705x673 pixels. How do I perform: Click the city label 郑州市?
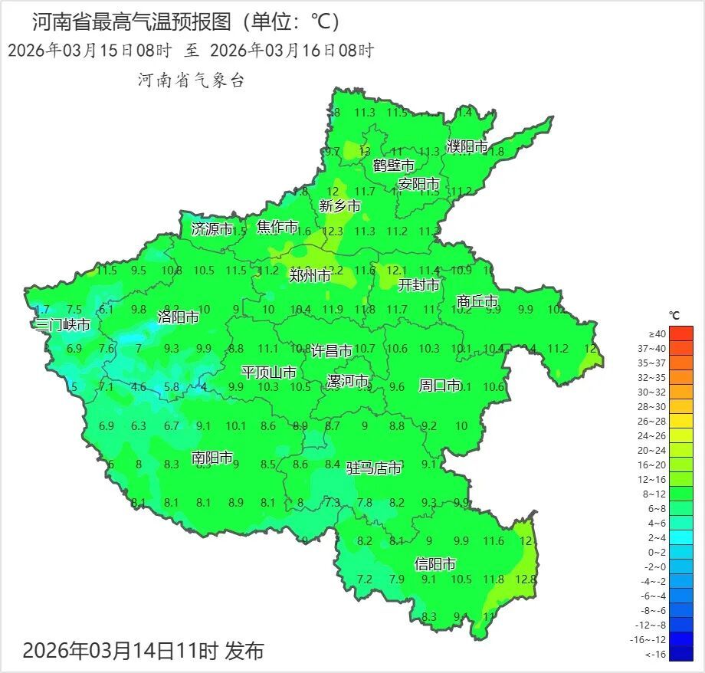tap(310, 275)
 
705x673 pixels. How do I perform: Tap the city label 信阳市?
tap(435, 564)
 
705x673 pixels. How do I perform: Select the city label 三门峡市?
tap(63, 324)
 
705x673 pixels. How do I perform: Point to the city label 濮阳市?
tap(467, 146)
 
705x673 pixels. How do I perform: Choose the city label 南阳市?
tap(212, 458)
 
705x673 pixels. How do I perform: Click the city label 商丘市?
tap(477, 301)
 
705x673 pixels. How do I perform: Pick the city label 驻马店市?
tap(374, 468)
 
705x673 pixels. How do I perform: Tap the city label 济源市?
tap(212, 228)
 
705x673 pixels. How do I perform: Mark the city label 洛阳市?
tap(178, 317)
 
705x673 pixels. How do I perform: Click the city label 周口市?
tap(440, 385)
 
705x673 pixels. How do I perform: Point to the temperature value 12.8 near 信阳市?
tap(525, 579)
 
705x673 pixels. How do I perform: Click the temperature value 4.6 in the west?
tap(139, 387)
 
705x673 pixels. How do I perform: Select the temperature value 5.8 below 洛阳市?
tap(172, 387)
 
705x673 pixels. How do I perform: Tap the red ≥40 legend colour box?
tap(680, 333)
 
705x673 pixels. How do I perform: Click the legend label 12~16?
tap(657, 479)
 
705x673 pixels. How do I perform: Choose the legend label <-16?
tap(656, 654)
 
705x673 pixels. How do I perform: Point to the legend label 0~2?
tap(657, 552)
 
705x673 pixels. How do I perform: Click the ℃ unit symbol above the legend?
tap(674, 315)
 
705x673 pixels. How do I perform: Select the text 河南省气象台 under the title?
tap(191, 80)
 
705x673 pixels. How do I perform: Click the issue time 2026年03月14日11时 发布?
tap(143, 651)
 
